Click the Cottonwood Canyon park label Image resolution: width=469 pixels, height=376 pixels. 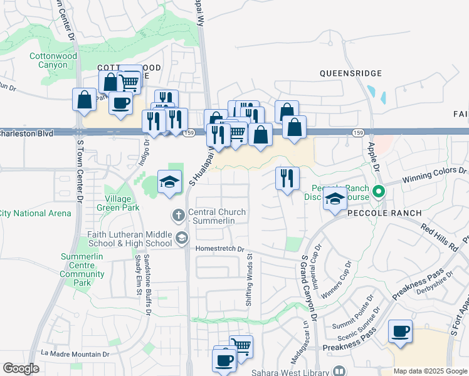[48, 60]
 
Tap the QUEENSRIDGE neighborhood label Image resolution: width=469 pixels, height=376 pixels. [350, 73]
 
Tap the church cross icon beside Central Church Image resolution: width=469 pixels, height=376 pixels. [179, 216]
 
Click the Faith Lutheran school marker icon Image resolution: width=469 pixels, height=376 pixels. [182, 237]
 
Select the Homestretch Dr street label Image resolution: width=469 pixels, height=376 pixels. [218, 248]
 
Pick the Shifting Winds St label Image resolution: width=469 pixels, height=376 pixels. [250, 279]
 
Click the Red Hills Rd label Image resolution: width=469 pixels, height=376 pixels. [440, 238]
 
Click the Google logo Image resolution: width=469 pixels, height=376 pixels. [21, 368]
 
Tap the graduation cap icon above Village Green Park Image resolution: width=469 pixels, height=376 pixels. [169, 182]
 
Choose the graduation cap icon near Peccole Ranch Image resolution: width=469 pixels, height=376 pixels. [335, 199]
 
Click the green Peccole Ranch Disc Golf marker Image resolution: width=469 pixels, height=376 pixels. [378, 192]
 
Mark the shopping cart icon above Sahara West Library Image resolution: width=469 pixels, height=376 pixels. [241, 345]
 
